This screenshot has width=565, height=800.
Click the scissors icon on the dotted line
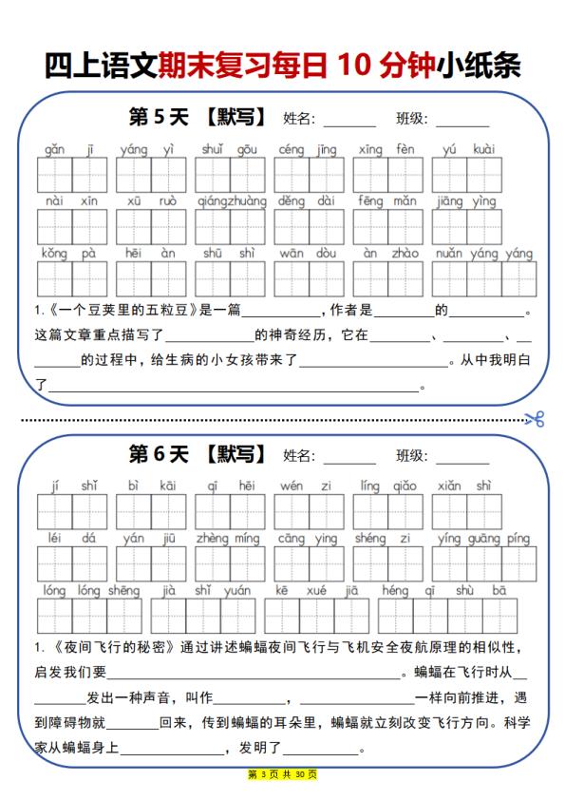pos(534,418)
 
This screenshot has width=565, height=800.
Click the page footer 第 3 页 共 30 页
pos(282,774)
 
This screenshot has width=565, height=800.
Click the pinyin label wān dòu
pos(308,254)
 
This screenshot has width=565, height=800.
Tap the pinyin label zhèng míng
pos(228,539)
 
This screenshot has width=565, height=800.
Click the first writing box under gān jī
pos(54,175)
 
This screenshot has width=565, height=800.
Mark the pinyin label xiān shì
pos(465,486)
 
